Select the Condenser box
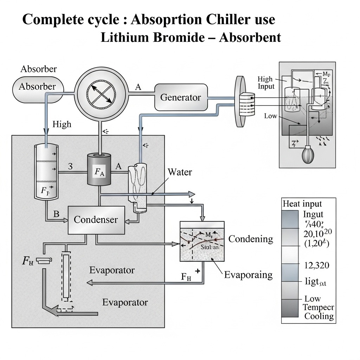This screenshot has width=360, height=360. pyautogui.click(x=96, y=220)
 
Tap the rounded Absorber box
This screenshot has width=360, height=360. pyautogui.click(x=38, y=86)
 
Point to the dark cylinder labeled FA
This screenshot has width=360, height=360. pyautogui.click(x=99, y=169)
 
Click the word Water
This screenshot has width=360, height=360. pyautogui.click(x=180, y=172)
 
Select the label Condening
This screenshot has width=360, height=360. pyautogui.click(x=251, y=239)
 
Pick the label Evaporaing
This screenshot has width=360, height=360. pyautogui.click(x=248, y=275)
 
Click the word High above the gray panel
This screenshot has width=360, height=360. pyautogui.click(x=62, y=124)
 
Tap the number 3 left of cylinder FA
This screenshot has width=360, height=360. pyautogui.click(x=70, y=167)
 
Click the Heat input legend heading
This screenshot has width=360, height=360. pyautogui.click(x=302, y=204)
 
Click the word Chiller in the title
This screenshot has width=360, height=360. pyautogui.click(x=220, y=20)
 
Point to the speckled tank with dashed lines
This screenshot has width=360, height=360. pyautogui.click(x=202, y=242)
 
